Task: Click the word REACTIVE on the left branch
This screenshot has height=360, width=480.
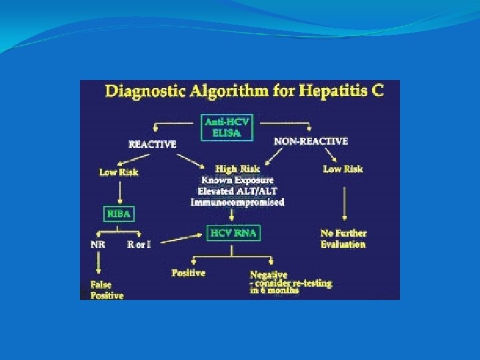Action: pyautogui.click(x=153, y=143)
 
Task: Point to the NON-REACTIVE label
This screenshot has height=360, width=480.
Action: pyautogui.click(x=311, y=141)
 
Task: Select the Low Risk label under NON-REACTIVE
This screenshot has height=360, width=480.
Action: pyautogui.click(x=343, y=169)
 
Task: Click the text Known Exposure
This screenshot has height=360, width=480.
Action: pyautogui.click(x=238, y=180)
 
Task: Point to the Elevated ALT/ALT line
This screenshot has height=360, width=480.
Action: pyautogui.click(x=238, y=191)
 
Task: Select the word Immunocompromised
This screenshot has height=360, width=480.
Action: pyautogui.click(x=238, y=202)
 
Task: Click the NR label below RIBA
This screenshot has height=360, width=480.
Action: pyautogui.click(x=97, y=244)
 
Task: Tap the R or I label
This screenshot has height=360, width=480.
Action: pyautogui.click(x=139, y=244)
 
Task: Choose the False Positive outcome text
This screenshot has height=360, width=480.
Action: pyautogui.click(x=107, y=290)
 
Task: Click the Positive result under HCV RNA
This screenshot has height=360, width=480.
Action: pyautogui.click(x=189, y=273)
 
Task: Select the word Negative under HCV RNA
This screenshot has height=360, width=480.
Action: pyautogui.click(x=269, y=274)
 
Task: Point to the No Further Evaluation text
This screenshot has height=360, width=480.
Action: pyautogui.click(x=343, y=239)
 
